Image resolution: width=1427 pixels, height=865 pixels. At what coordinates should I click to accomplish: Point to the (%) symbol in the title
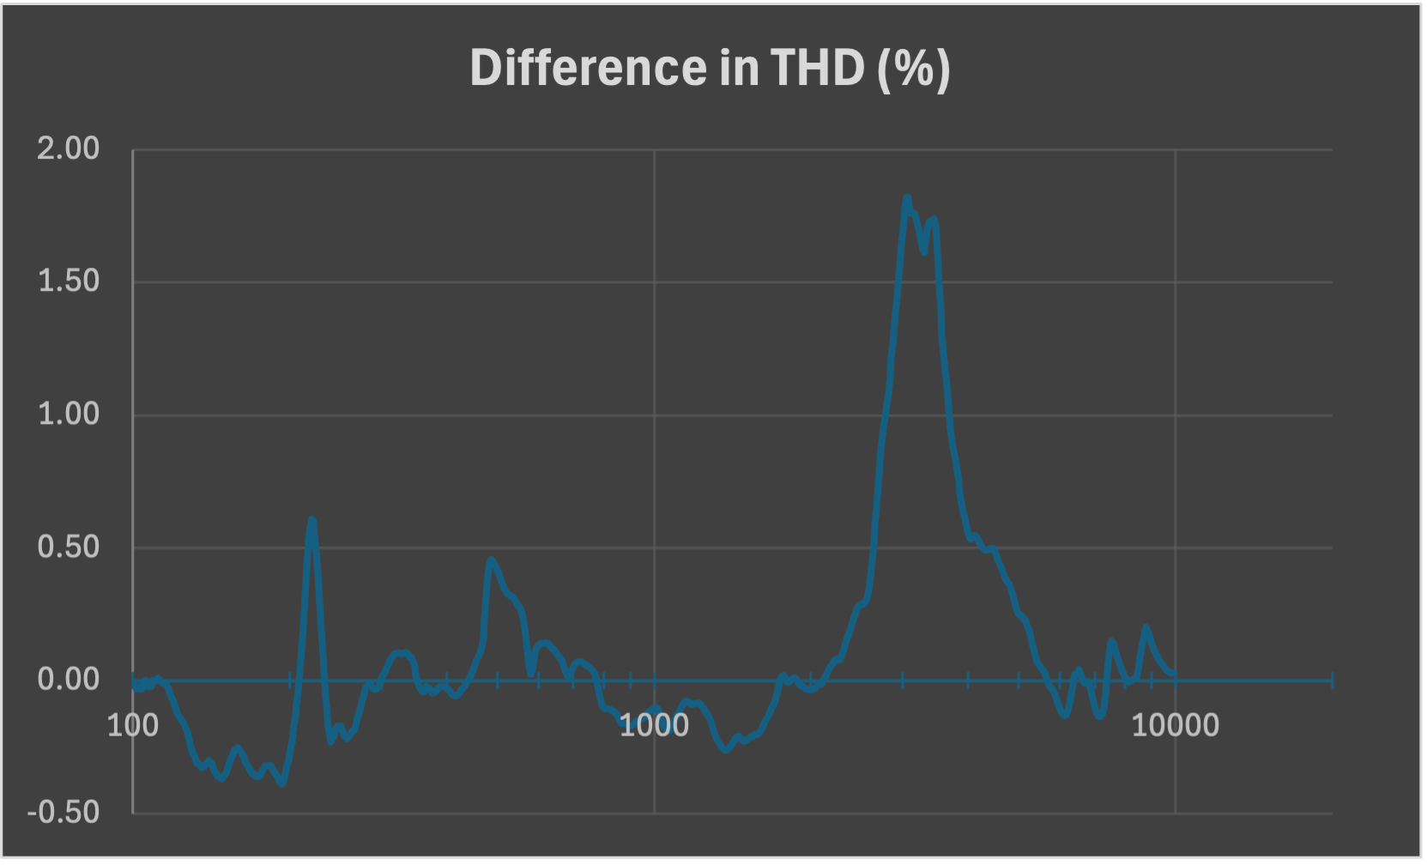(x=913, y=69)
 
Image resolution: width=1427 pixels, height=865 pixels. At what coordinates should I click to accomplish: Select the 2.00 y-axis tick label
(x=69, y=149)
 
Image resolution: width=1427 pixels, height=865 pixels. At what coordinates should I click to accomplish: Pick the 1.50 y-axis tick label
(x=69, y=281)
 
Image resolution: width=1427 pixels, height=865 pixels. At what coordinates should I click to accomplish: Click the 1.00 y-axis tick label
(x=69, y=414)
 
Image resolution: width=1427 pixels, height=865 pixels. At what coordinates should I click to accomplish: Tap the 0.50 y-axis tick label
(x=69, y=547)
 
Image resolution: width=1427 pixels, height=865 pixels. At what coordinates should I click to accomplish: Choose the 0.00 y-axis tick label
(x=69, y=680)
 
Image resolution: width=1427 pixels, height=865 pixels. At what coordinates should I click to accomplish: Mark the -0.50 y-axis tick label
(x=63, y=813)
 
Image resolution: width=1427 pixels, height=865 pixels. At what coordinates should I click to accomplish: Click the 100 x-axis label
(x=133, y=726)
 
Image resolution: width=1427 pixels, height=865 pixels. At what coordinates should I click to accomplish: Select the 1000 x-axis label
(x=654, y=726)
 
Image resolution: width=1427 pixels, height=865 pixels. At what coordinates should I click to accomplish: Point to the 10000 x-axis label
(x=1175, y=726)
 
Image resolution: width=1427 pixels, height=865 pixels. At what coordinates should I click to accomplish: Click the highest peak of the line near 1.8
(x=907, y=198)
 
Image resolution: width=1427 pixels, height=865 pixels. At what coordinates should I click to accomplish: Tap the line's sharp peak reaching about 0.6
(x=311, y=520)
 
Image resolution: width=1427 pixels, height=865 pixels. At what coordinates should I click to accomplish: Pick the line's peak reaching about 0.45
(x=491, y=560)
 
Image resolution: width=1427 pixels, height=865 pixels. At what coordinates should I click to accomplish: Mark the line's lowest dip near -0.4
(x=281, y=783)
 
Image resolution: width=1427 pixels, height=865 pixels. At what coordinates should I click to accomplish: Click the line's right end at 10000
(x=1174, y=674)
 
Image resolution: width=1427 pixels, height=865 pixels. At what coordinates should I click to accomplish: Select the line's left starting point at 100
(x=134, y=684)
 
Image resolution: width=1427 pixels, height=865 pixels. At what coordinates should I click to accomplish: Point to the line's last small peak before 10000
(x=1145, y=627)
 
